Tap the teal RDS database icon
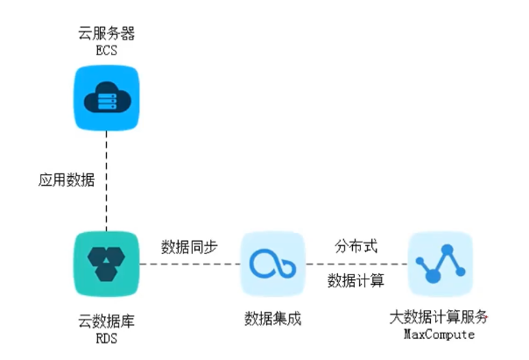point(105,265)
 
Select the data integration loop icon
point(272,265)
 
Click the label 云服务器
point(105,34)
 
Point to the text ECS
point(105,50)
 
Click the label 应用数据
point(67,180)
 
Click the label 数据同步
point(189,246)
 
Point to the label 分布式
point(356,246)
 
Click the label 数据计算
point(356,281)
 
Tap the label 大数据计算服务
point(438,319)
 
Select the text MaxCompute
point(438,335)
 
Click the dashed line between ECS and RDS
point(105,184)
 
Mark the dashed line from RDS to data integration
point(188,265)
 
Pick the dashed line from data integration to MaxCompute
point(356,265)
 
